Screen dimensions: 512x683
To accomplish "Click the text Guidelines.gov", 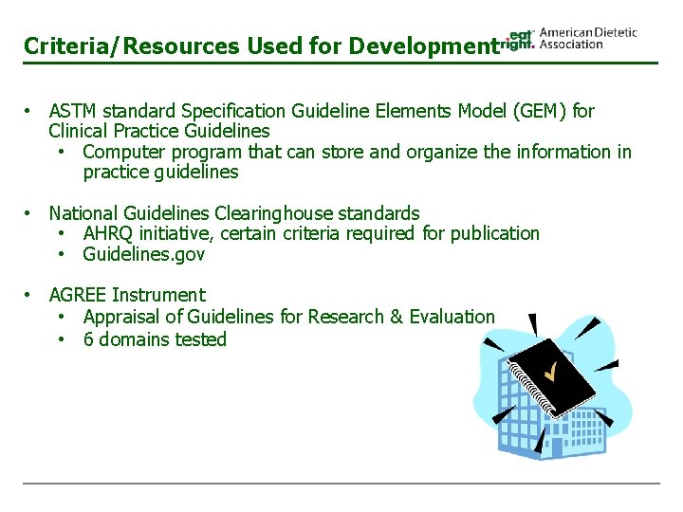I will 143,254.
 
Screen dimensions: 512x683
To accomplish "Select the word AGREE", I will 77,295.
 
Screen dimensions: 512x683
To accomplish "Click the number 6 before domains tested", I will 88,339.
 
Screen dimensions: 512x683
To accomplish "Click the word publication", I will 495,233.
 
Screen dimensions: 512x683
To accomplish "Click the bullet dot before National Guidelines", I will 30,213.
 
